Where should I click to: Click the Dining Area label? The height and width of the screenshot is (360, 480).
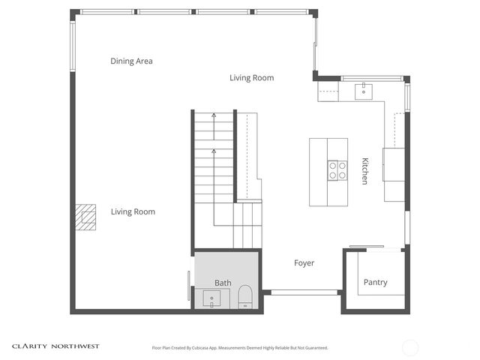coord(131,61)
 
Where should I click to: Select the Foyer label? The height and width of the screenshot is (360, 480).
coord(304,263)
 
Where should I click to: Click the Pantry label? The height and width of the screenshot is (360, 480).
coord(375,283)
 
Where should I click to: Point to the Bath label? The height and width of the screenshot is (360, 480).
coord(223,283)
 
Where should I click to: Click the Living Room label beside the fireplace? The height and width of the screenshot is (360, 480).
coord(133,212)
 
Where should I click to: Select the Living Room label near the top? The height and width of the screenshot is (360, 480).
coord(251,78)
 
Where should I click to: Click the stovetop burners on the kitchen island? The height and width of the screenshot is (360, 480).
coord(337,170)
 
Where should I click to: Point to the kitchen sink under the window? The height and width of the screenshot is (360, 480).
coord(364,91)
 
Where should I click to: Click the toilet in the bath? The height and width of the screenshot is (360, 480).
coord(244,298)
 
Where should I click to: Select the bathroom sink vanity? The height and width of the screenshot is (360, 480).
coord(213,300)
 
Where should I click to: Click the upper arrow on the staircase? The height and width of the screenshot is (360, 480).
coord(214,116)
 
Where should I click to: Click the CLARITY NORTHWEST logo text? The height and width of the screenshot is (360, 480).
coord(55,346)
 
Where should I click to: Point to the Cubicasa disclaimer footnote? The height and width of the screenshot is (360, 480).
coord(240,348)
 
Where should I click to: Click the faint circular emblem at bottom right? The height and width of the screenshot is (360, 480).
coord(410,347)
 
